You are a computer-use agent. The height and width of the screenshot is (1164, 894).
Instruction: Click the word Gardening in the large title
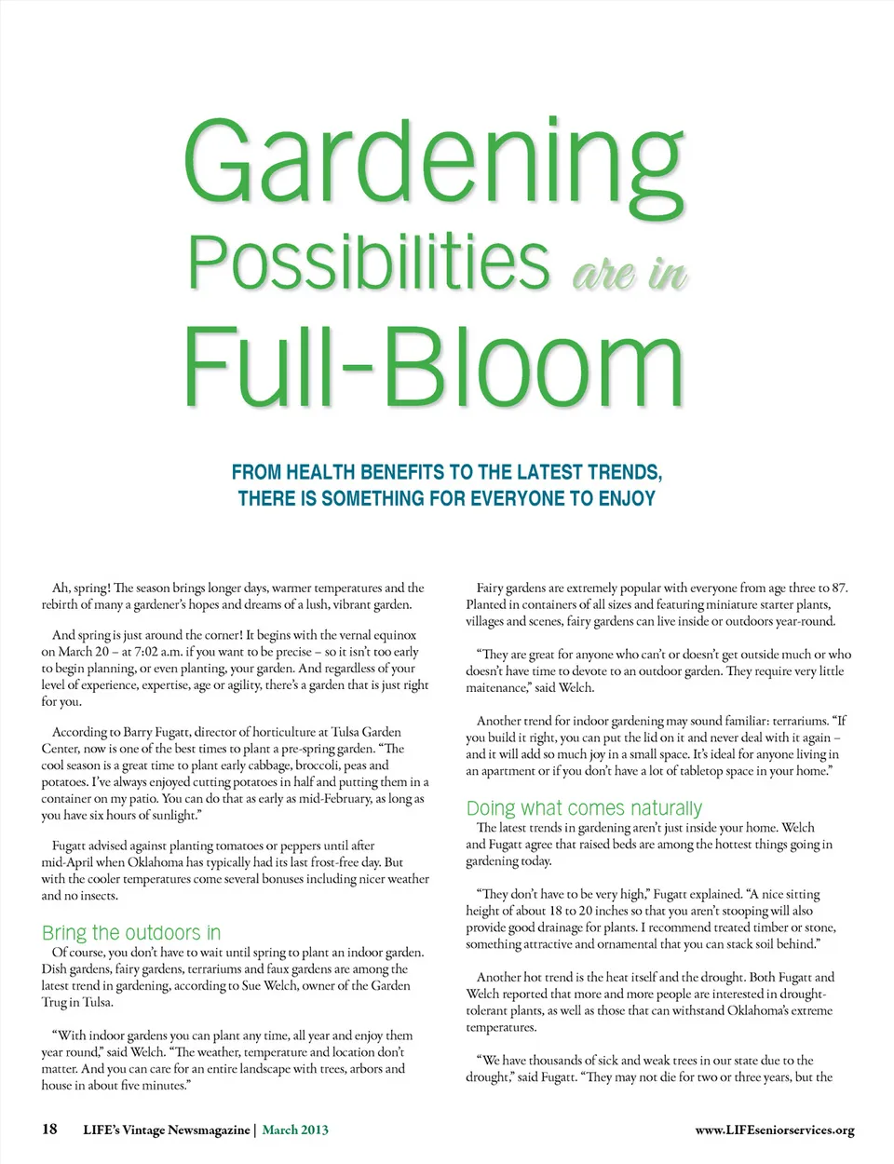click(434, 163)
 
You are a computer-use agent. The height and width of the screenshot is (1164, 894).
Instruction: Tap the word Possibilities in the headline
click(369, 264)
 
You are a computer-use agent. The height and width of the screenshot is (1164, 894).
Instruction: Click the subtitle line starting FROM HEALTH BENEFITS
click(447, 472)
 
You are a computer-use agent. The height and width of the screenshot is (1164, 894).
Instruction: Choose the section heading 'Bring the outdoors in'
click(131, 933)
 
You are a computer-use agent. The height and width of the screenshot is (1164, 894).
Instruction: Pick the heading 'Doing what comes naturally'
click(584, 807)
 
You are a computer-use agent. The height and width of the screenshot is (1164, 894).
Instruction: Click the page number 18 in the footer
click(49, 1130)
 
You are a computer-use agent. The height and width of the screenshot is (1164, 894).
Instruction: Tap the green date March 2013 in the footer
click(295, 1130)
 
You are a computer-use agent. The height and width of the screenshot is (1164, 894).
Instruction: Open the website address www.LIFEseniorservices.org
click(774, 1130)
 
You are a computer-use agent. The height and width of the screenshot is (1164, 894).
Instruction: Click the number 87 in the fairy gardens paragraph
click(839, 588)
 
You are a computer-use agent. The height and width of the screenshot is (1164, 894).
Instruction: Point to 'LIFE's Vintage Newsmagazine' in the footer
click(167, 1130)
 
